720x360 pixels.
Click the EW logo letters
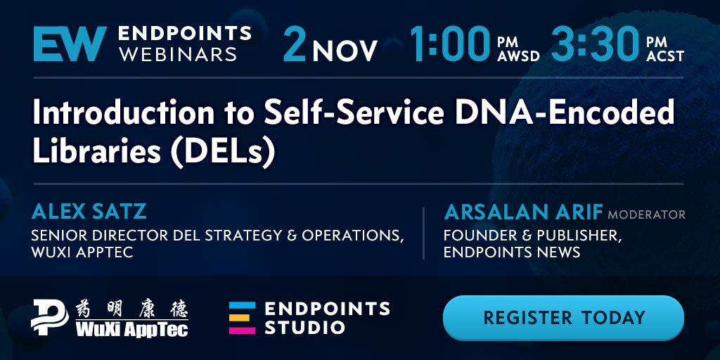pos(70,44)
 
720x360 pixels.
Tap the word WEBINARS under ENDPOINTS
pos(177,53)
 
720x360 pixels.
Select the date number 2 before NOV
pos(295,44)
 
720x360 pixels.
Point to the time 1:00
pos(450,44)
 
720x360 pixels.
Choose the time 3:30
pos(595,44)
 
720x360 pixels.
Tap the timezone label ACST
pos(665,56)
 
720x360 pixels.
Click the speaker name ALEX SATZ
pos(89,212)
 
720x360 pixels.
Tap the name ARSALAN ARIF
pos(523,212)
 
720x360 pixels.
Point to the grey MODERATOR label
pos(647,214)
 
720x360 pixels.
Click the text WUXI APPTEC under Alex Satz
pos(82,252)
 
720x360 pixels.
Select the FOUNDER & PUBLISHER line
pos(533,236)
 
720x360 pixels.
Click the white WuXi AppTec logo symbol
pos(50,317)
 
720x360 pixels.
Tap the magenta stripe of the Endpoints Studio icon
pos(242,330)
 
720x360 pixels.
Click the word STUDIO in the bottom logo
pos(304,328)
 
